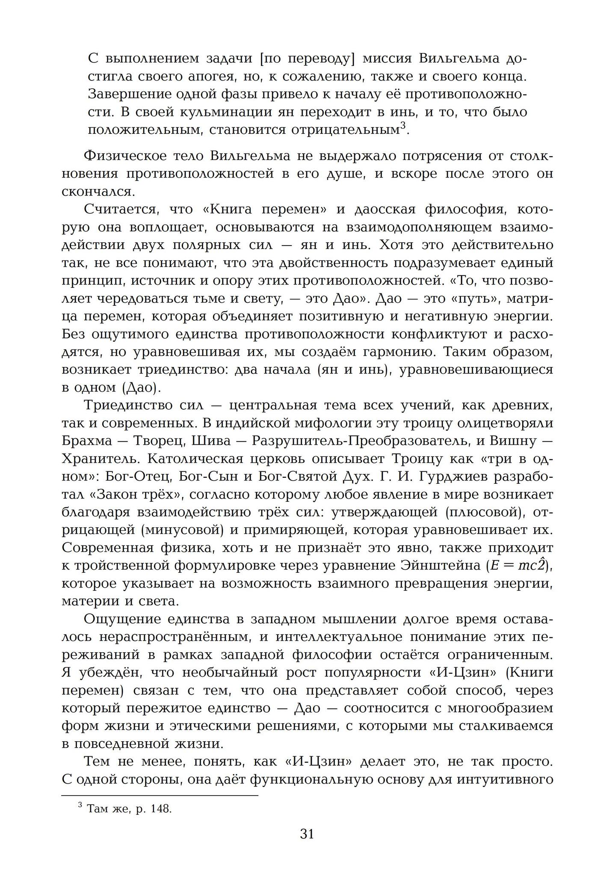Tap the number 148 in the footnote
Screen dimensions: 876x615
tap(161, 809)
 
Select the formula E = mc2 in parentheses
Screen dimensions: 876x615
tap(518, 565)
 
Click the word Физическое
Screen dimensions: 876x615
tap(125, 156)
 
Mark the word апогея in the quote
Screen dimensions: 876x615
tap(210, 77)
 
